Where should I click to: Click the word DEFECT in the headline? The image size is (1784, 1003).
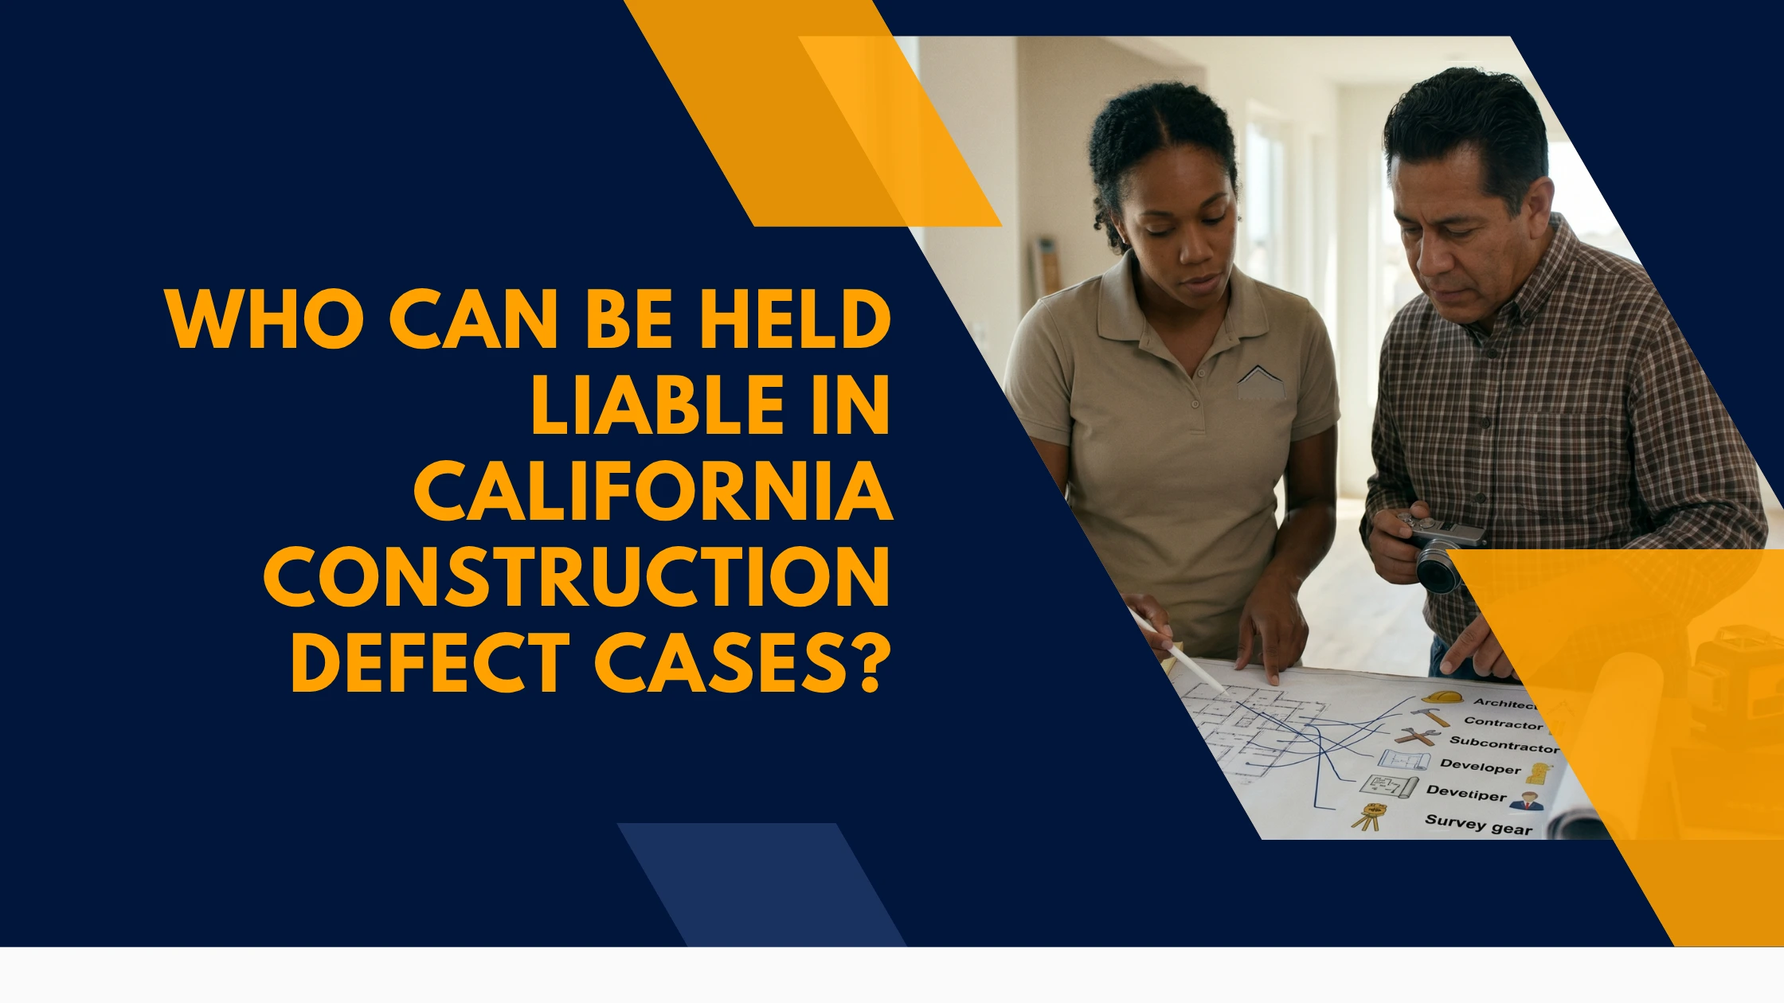pyautogui.click(x=431, y=663)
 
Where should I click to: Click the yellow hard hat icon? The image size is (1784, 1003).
pyautogui.click(x=1442, y=697)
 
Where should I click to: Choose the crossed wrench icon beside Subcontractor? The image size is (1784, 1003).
pyautogui.click(x=1417, y=736)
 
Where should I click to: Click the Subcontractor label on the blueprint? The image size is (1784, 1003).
pyautogui.click(x=1504, y=744)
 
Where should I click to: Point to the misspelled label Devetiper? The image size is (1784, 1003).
pyautogui.click(x=1466, y=794)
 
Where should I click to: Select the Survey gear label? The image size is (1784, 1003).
pyautogui.click(x=1478, y=825)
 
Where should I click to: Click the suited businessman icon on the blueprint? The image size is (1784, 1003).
pyautogui.click(x=1526, y=802)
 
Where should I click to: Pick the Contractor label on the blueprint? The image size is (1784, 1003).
pyautogui.click(x=1504, y=724)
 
